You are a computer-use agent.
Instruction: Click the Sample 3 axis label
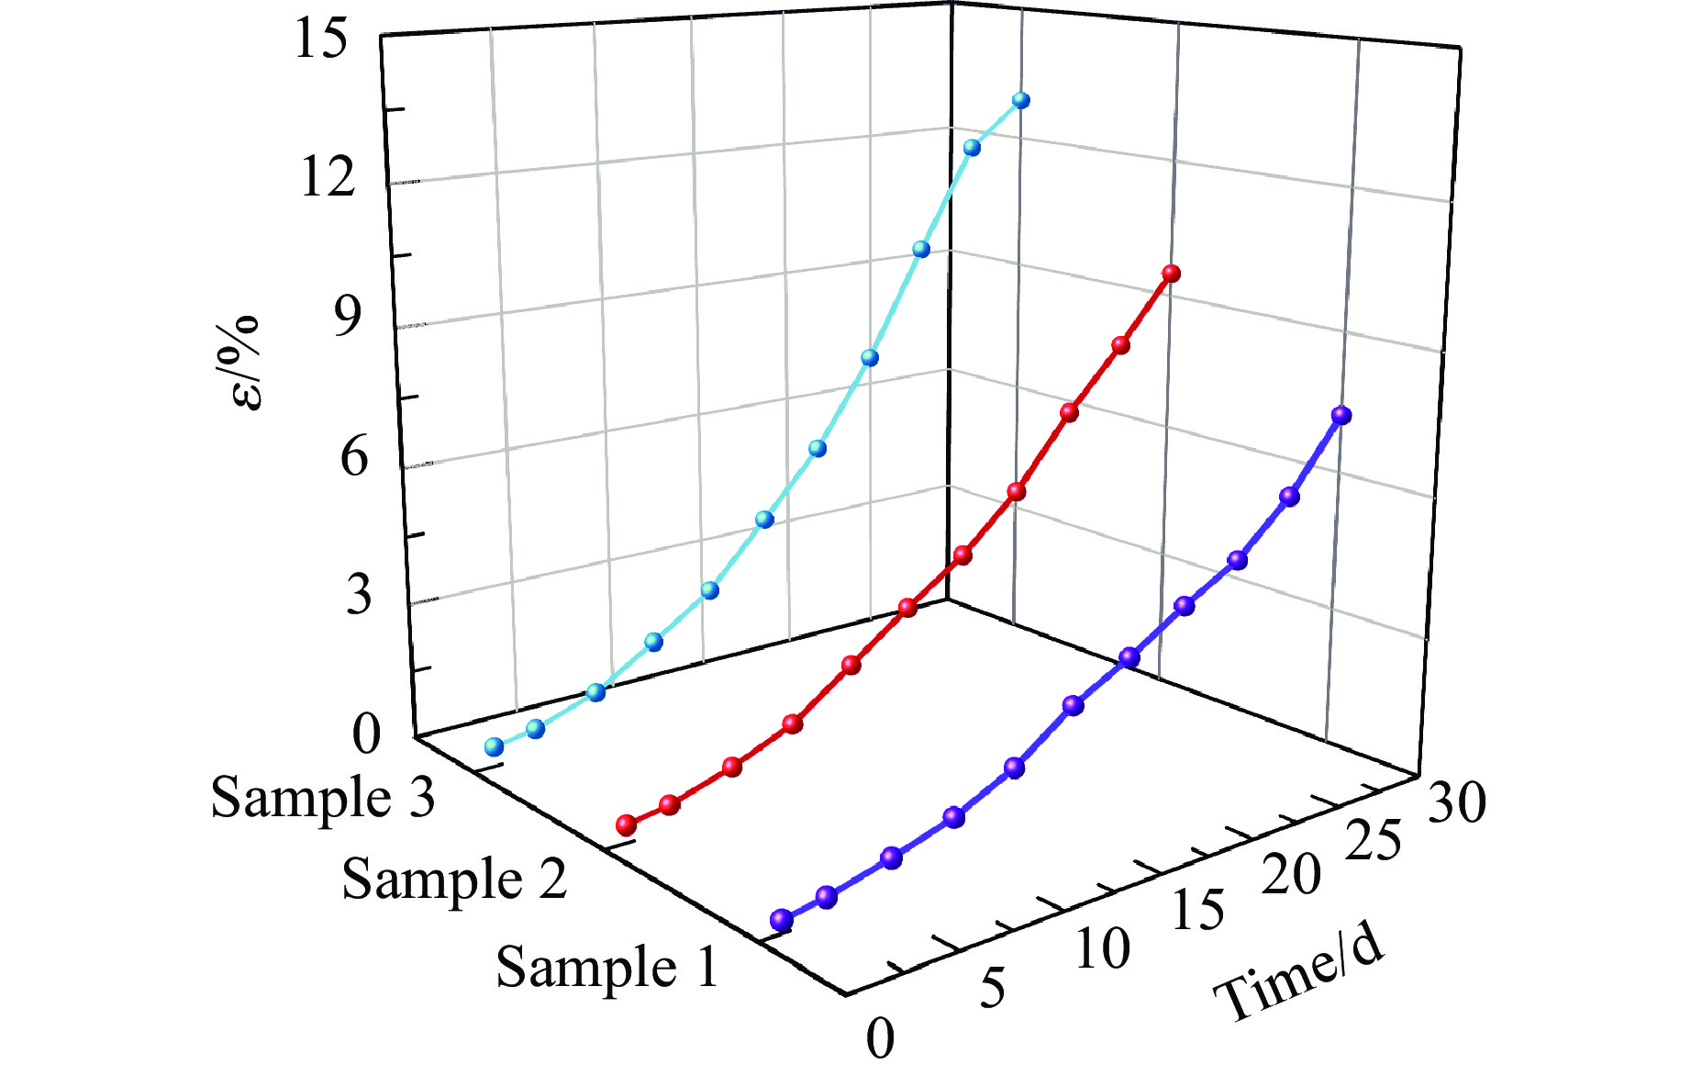(x=323, y=797)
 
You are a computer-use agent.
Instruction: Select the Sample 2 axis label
(x=454, y=879)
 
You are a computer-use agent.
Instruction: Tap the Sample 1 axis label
(x=606, y=967)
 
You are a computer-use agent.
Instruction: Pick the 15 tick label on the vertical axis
(x=321, y=41)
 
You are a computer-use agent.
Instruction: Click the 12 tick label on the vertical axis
(x=327, y=175)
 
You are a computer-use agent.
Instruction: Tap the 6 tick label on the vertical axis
(x=355, y=456)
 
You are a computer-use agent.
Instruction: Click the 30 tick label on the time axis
(x=1456, y=803)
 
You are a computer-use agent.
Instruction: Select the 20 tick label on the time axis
(x=1291, y=875)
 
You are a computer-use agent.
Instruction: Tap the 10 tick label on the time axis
(x=1102, y=949)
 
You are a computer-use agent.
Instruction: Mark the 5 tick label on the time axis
(x=993, y=989)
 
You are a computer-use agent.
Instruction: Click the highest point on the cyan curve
(x=1020, y=100)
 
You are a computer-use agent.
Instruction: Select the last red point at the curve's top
(x=1171, y=273)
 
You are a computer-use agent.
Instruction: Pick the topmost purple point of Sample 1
(x=1341, y=415)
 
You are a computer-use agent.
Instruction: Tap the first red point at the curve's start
(x=627, y=824)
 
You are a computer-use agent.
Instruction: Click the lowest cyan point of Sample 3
(x=495, y=746)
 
